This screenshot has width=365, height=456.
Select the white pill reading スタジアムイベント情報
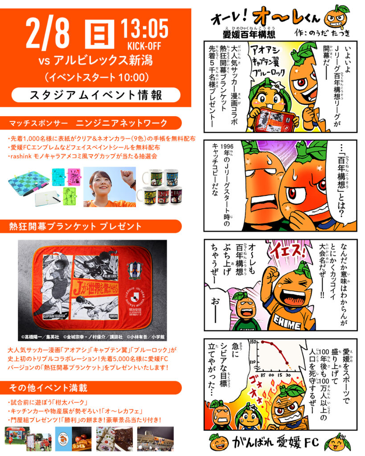pos(96,95)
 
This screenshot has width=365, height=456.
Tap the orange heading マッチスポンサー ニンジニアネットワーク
pos(89,122)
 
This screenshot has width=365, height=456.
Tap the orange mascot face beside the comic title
pos(335,17)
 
